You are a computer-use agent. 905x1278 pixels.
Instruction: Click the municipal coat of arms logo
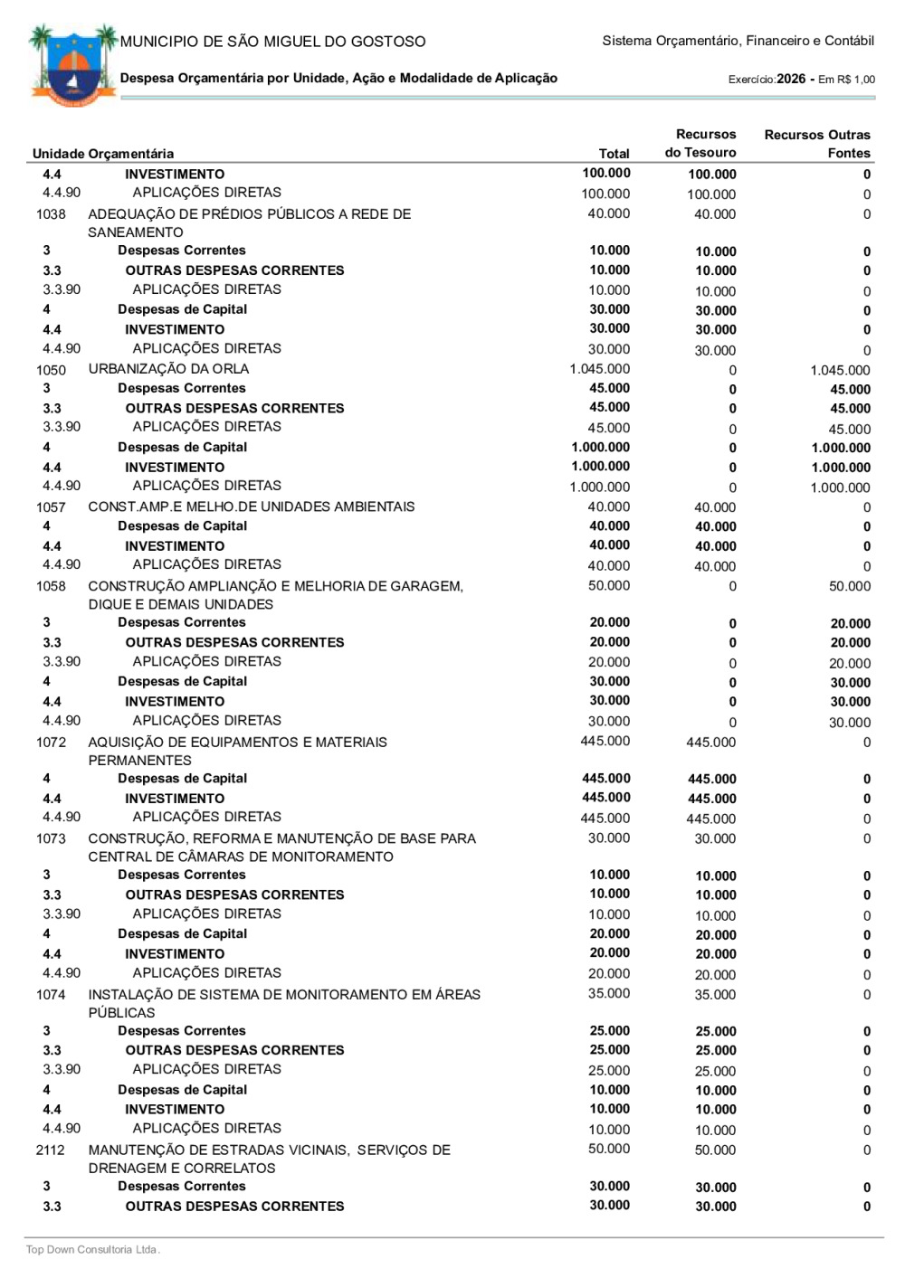(x=73, y=65)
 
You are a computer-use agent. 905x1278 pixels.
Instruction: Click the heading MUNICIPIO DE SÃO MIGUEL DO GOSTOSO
(x=272, y=42)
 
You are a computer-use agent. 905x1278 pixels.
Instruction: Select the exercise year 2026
(x=790, y=79)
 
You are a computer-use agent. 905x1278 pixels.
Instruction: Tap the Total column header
(x=614, y=154)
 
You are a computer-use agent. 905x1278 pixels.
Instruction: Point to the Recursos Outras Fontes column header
(x=816, y=144)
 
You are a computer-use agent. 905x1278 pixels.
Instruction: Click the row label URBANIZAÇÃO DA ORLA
(x=168, y=369)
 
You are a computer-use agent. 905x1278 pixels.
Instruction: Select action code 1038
(x=51, y=214)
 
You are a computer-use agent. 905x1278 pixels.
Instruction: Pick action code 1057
(x=51, y=507)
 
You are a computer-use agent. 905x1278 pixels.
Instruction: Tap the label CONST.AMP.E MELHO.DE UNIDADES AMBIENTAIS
(x=251, y=506)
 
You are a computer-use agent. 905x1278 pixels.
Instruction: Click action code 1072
(x=51, y=743)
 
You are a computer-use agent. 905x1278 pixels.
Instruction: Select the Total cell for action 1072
(x=605, y=742)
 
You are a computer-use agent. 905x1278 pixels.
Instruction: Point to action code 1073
(x=51, y=839)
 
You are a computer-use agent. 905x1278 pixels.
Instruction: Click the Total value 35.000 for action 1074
(x=608, y=994)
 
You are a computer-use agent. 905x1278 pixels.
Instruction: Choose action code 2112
(x=51, y=1150)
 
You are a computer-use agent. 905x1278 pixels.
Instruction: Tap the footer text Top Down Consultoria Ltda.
(x=92, y=1250)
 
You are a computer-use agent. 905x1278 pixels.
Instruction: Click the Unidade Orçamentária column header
(x=103, y=154)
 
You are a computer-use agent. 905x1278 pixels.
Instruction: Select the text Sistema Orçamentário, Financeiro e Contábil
(x=738, y=41)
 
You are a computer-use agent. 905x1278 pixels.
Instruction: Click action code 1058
(x=51, y=587)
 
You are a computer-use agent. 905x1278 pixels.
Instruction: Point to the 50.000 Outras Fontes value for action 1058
(x=849, y=587)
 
